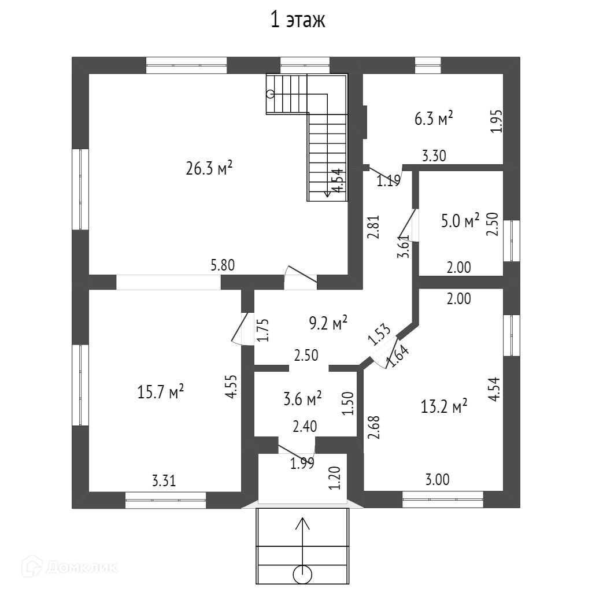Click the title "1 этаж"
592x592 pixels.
[x=298, y=20]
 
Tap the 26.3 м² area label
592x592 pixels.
[x=209, y=169]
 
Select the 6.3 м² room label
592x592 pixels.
[x=433, y=120]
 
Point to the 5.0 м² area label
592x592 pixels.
[x=460, y=221]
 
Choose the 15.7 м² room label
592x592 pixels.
[x=161, y=392]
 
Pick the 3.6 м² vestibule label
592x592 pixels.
[x=302, y=398]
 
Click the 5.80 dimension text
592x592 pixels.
[x=223, y=266]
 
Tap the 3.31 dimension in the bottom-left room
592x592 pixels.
[x=164, y=480]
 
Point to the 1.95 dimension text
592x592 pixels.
[x=497, y=121]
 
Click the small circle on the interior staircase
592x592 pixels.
[x=270, y=94]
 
